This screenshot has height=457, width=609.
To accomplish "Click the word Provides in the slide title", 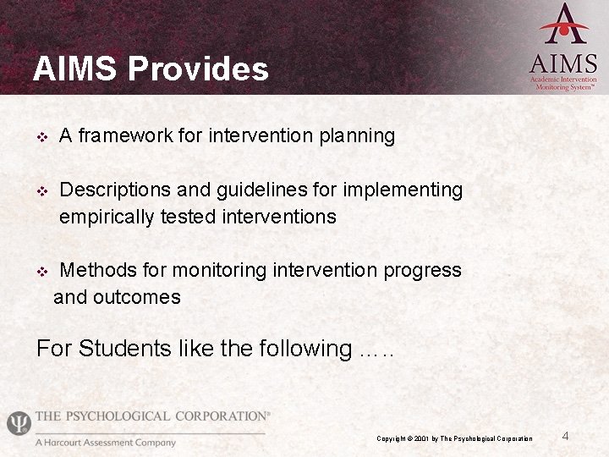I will tap(198, 69).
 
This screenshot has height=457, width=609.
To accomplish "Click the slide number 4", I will tap(566, 436).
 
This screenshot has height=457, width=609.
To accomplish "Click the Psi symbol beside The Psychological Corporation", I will tap(18, 423).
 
